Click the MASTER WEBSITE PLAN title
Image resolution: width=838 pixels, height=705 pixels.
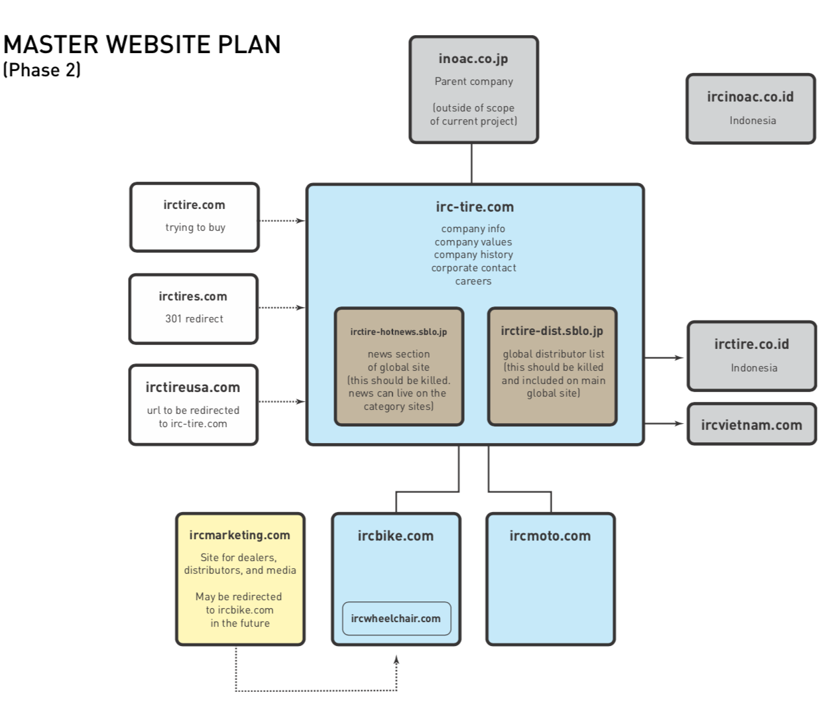coord(142,44)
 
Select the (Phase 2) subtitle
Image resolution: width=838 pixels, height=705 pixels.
coord(42,70)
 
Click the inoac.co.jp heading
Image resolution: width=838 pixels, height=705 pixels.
coord(473,58)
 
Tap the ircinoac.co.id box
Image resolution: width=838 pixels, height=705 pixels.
coord(750,109)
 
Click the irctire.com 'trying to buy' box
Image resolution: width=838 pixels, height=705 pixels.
coord(194,217)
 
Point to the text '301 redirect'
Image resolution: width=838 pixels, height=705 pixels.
coord(194,319)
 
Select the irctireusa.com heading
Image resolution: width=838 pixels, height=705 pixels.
coord(193,387)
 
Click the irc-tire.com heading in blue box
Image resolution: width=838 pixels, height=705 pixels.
coord(475,207)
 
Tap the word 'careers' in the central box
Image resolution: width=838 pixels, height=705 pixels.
coord(473,281)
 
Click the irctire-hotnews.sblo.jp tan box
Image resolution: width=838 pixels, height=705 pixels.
coord(398,367)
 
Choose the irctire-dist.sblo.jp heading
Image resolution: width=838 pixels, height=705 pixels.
coord(552,331)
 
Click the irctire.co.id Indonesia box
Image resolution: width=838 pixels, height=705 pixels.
coord(751,356)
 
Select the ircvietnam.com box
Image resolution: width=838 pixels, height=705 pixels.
coord(751,424)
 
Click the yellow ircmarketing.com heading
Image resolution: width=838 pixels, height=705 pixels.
coord(240,535)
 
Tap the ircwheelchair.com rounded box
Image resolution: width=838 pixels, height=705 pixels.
coord(396,619)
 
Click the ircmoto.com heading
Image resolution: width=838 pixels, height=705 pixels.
coord(550,536)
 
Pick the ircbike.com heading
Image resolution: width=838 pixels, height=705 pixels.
coord(396,536)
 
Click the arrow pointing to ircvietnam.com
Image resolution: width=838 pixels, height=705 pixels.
coord(664,423)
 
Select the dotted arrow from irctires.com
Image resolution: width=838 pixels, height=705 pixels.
coord(282,308)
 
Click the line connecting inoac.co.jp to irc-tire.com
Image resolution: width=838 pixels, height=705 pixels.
coord(472,163)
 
